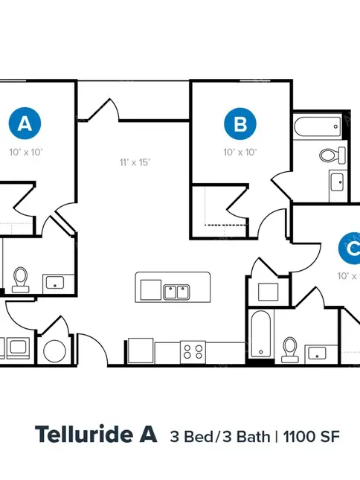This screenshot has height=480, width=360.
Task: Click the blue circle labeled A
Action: tap(25, 123)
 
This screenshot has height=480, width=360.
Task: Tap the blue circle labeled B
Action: tap(240, 124)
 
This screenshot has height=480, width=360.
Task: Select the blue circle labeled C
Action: tap(350, 248)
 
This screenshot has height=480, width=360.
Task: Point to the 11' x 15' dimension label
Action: tap(135, 162)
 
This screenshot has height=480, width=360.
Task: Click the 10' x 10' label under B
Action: tap(240, 152)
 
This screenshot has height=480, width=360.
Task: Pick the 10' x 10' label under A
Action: tap(26, 152)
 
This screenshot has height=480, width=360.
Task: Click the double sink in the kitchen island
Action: tap(176, 292)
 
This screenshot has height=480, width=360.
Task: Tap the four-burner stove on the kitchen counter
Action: tap(193, 352)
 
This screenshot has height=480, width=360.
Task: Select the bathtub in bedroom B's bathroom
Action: tap(318, 127)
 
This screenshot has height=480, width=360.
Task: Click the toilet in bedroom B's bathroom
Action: tap(332, 155)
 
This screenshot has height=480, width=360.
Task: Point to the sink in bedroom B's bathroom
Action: tap(338, 182)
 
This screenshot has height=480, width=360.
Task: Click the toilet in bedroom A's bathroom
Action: tap(21, 280)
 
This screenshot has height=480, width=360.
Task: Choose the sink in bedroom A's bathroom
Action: tap(55, 283)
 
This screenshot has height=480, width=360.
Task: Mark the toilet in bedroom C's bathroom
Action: tap(289, 350)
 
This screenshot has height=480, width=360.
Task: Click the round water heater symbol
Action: tap(55, 351)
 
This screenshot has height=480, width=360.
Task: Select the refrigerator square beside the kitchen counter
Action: tap(141, 351)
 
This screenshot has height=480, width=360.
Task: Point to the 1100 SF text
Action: tap(312, 436)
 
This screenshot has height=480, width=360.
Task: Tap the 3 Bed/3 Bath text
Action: tap(220, 436)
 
